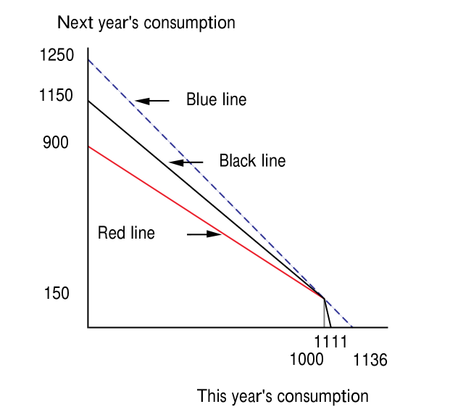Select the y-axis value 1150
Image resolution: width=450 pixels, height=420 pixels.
coord(57,95)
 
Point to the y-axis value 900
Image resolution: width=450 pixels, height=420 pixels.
coord(56,143)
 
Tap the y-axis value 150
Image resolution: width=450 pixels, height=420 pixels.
coord(56,294)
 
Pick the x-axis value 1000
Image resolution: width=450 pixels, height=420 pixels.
coord(307,360)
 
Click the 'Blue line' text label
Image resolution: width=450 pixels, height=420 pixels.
coord(216,100)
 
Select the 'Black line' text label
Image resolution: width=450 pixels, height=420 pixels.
coord(252,161)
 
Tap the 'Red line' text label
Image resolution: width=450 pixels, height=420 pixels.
coord(126,234)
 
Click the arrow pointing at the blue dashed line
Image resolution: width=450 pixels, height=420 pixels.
coord(151,100)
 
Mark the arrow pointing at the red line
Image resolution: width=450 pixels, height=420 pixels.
coord(204,234)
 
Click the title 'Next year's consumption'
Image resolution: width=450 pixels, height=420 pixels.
coord(146,22)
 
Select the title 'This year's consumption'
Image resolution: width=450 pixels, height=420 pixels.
coord(283,396)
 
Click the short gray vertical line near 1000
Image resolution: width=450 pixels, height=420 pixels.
coord(324,312)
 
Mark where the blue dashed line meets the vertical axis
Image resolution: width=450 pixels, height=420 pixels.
coord(88,59)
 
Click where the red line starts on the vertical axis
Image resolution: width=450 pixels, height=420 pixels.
coord(88,147)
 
